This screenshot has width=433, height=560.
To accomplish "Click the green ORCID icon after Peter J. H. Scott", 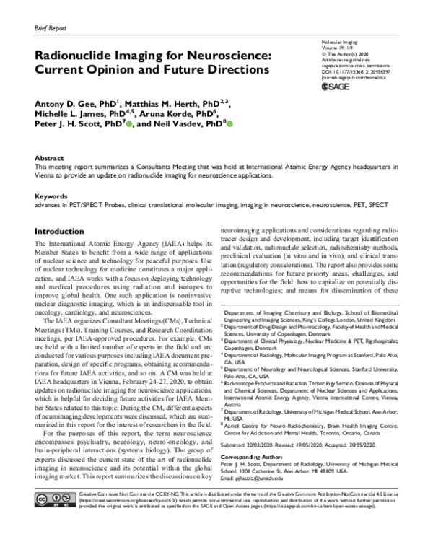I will (x=131, y=126).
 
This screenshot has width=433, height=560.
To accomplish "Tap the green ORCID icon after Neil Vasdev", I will (x=231, y=126).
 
